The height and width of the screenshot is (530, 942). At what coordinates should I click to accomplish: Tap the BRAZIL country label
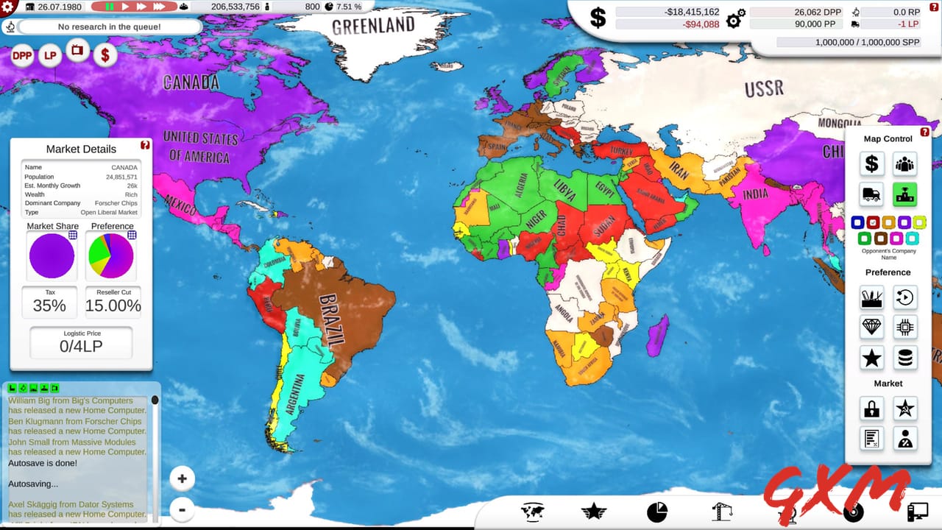coord(332,320)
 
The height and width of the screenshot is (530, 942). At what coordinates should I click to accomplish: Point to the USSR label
coord(764,89)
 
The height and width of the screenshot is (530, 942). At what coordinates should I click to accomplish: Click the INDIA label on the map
coord(755,194)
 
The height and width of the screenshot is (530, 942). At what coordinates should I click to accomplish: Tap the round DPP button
coord(23,55)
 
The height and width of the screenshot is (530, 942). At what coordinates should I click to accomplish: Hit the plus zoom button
coord(182,478)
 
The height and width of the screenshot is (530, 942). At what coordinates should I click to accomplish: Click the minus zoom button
coord(182,509)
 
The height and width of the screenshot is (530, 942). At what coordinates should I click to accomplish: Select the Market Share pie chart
coord(52,255)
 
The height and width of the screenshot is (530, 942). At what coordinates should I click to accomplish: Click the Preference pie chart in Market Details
coord(111,255)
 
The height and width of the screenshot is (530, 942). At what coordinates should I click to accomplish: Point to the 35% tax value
coord(49,305)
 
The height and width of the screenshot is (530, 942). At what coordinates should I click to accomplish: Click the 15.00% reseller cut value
coord(113,305)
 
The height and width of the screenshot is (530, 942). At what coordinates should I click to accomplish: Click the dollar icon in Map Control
coord(872,163)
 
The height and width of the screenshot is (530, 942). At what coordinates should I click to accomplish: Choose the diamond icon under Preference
coord(872,327)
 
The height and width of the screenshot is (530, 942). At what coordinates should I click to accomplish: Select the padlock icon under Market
coord(872,408)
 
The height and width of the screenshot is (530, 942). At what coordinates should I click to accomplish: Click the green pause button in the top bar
coord(110,7)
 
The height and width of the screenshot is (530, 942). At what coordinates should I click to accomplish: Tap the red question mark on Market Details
coord(145,145)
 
